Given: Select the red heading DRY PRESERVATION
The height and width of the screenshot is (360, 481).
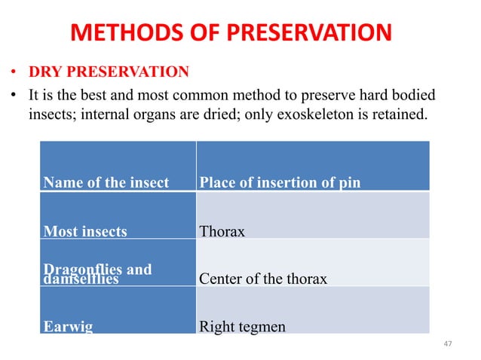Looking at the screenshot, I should pyautogui.click(x=109, y=72).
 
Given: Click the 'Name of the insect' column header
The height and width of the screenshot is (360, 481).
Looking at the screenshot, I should pyautogui.click(x=106, y=182).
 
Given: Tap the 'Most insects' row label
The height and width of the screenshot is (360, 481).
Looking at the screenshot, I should pyautogui.click(x=85, y=231).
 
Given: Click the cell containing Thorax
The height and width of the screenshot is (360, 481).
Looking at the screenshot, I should pyautogui.click(x=222, y=231).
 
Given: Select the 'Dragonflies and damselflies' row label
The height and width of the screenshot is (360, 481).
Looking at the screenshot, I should pyautogui.click(x=97, y=274).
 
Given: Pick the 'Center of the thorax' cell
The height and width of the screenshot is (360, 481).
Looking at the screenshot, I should pyautogui.click(x=263, y=279).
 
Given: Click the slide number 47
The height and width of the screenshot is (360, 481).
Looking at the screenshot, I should pyautogui.click(x=449, y=344).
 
